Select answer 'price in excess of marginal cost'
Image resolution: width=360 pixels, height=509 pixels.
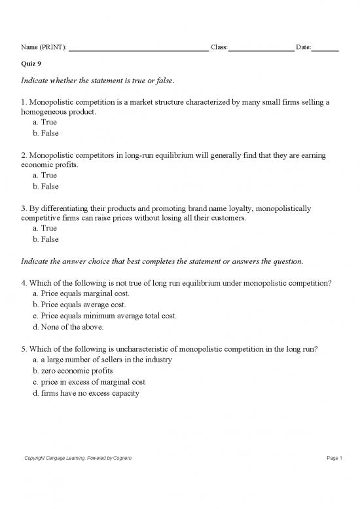coord(92,381)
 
